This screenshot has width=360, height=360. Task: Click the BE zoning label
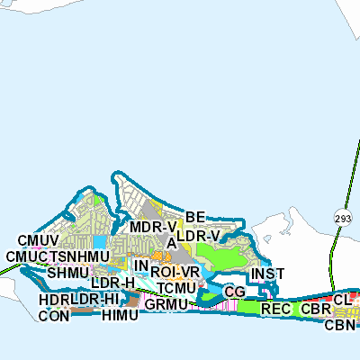(x=196, y=216)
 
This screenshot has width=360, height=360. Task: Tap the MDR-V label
(x=152, y=227)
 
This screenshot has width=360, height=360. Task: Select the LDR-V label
(x=198, y=236)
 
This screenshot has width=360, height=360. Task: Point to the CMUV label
(x=38, y=241)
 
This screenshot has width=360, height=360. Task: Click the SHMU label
(x=68, y=272)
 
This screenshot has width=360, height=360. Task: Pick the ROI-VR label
(x=175, y=271)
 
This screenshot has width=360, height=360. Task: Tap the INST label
(x=268, y=274)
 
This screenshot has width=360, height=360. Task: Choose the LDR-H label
(x=112, y=283)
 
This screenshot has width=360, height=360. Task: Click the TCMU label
(x=175, y=287)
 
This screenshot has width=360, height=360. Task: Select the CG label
(x=235, y=292)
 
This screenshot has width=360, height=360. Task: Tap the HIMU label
(x=121, y=316)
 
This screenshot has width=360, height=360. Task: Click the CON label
(x=54, y=316)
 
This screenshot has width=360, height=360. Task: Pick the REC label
(x=274, y=309)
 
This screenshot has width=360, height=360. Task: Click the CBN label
(x=341, y=324)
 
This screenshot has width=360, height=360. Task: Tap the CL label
(x=341, y=299)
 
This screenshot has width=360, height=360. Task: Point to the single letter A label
(x=171, y=243)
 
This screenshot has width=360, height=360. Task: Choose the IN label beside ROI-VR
(x=140, y=266)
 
